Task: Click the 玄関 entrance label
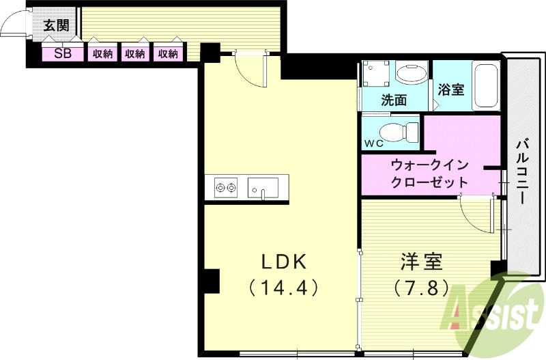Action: tap(55, 26)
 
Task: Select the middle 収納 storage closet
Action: tap(135, 53)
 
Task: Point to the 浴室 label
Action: tap(451, 89)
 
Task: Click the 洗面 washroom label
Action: tap(394, 100)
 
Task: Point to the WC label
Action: tap(375, 143)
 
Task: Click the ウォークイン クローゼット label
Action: tap(429, 174)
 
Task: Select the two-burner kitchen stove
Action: tap(225, 186)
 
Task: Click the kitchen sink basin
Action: tap(263, 186)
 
